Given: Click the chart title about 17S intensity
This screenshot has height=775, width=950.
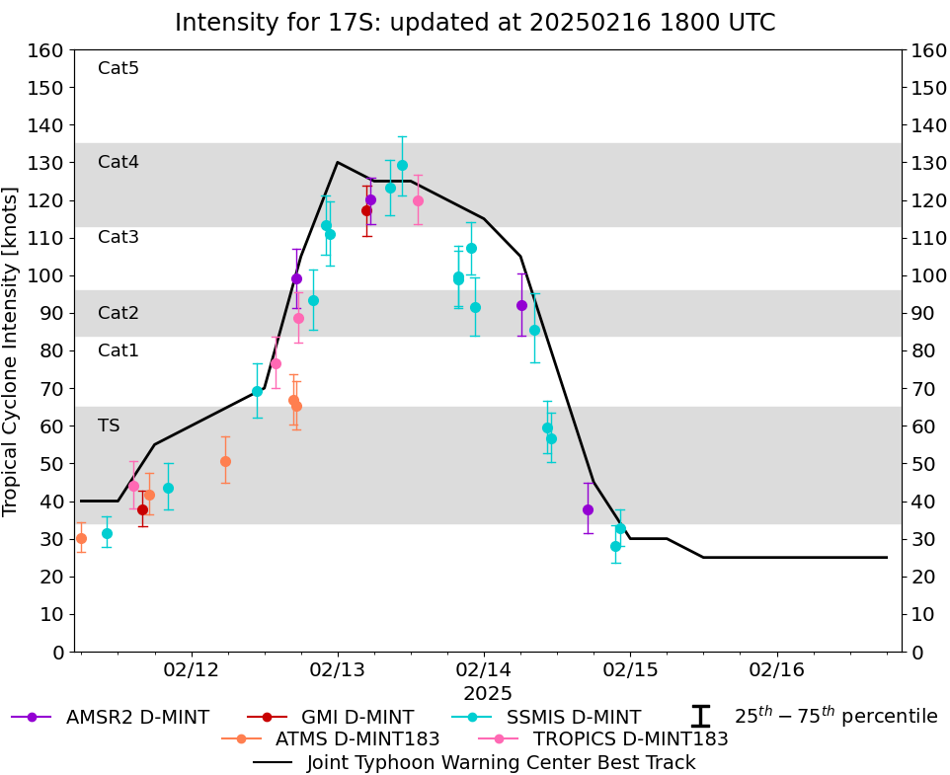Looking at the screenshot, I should [475, 23].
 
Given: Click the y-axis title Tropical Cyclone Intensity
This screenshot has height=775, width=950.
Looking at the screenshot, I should [12, 350].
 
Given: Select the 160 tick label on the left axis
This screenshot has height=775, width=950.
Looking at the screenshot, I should [48, 50].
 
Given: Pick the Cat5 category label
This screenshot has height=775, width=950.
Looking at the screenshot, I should [119, 68].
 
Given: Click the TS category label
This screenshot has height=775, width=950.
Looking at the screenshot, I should [109, 426].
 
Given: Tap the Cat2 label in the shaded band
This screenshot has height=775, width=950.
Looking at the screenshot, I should [119, 313].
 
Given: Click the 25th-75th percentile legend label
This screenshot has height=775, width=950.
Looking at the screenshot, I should [835, 717].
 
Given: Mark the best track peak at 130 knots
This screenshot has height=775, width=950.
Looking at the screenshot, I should [338, 162].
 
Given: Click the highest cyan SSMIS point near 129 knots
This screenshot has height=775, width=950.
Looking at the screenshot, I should [402, 165].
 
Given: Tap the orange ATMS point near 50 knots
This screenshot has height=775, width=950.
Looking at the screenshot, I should [225, 461].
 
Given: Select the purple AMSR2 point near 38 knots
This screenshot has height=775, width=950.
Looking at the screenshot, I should [588, 509].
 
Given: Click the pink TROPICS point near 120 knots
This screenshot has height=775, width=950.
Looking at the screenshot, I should [418, 200].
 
